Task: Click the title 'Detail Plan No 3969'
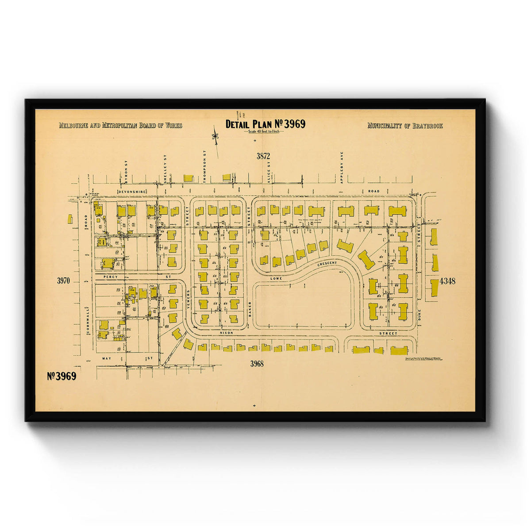265,124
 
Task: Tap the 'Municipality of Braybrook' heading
405,126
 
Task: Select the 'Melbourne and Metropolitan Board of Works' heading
120,126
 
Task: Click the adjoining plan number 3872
263,156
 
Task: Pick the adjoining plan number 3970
64,281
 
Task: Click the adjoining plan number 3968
257,364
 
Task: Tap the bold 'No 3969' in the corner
62,376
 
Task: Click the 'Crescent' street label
327,264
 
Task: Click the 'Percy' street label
109,277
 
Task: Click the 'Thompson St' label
205,165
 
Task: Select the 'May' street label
105,358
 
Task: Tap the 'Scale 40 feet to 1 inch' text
265,132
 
